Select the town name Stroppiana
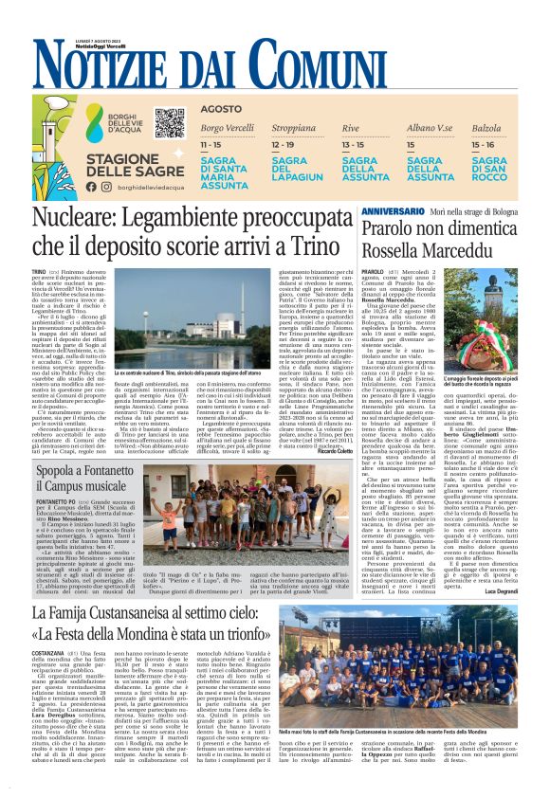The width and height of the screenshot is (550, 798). pyautogui.click(x=293, y=127)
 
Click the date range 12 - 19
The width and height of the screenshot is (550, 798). pyautogui.click(x=282, y=145)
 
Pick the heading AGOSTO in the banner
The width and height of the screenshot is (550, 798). pyautogui.click(x=221, y=109)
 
